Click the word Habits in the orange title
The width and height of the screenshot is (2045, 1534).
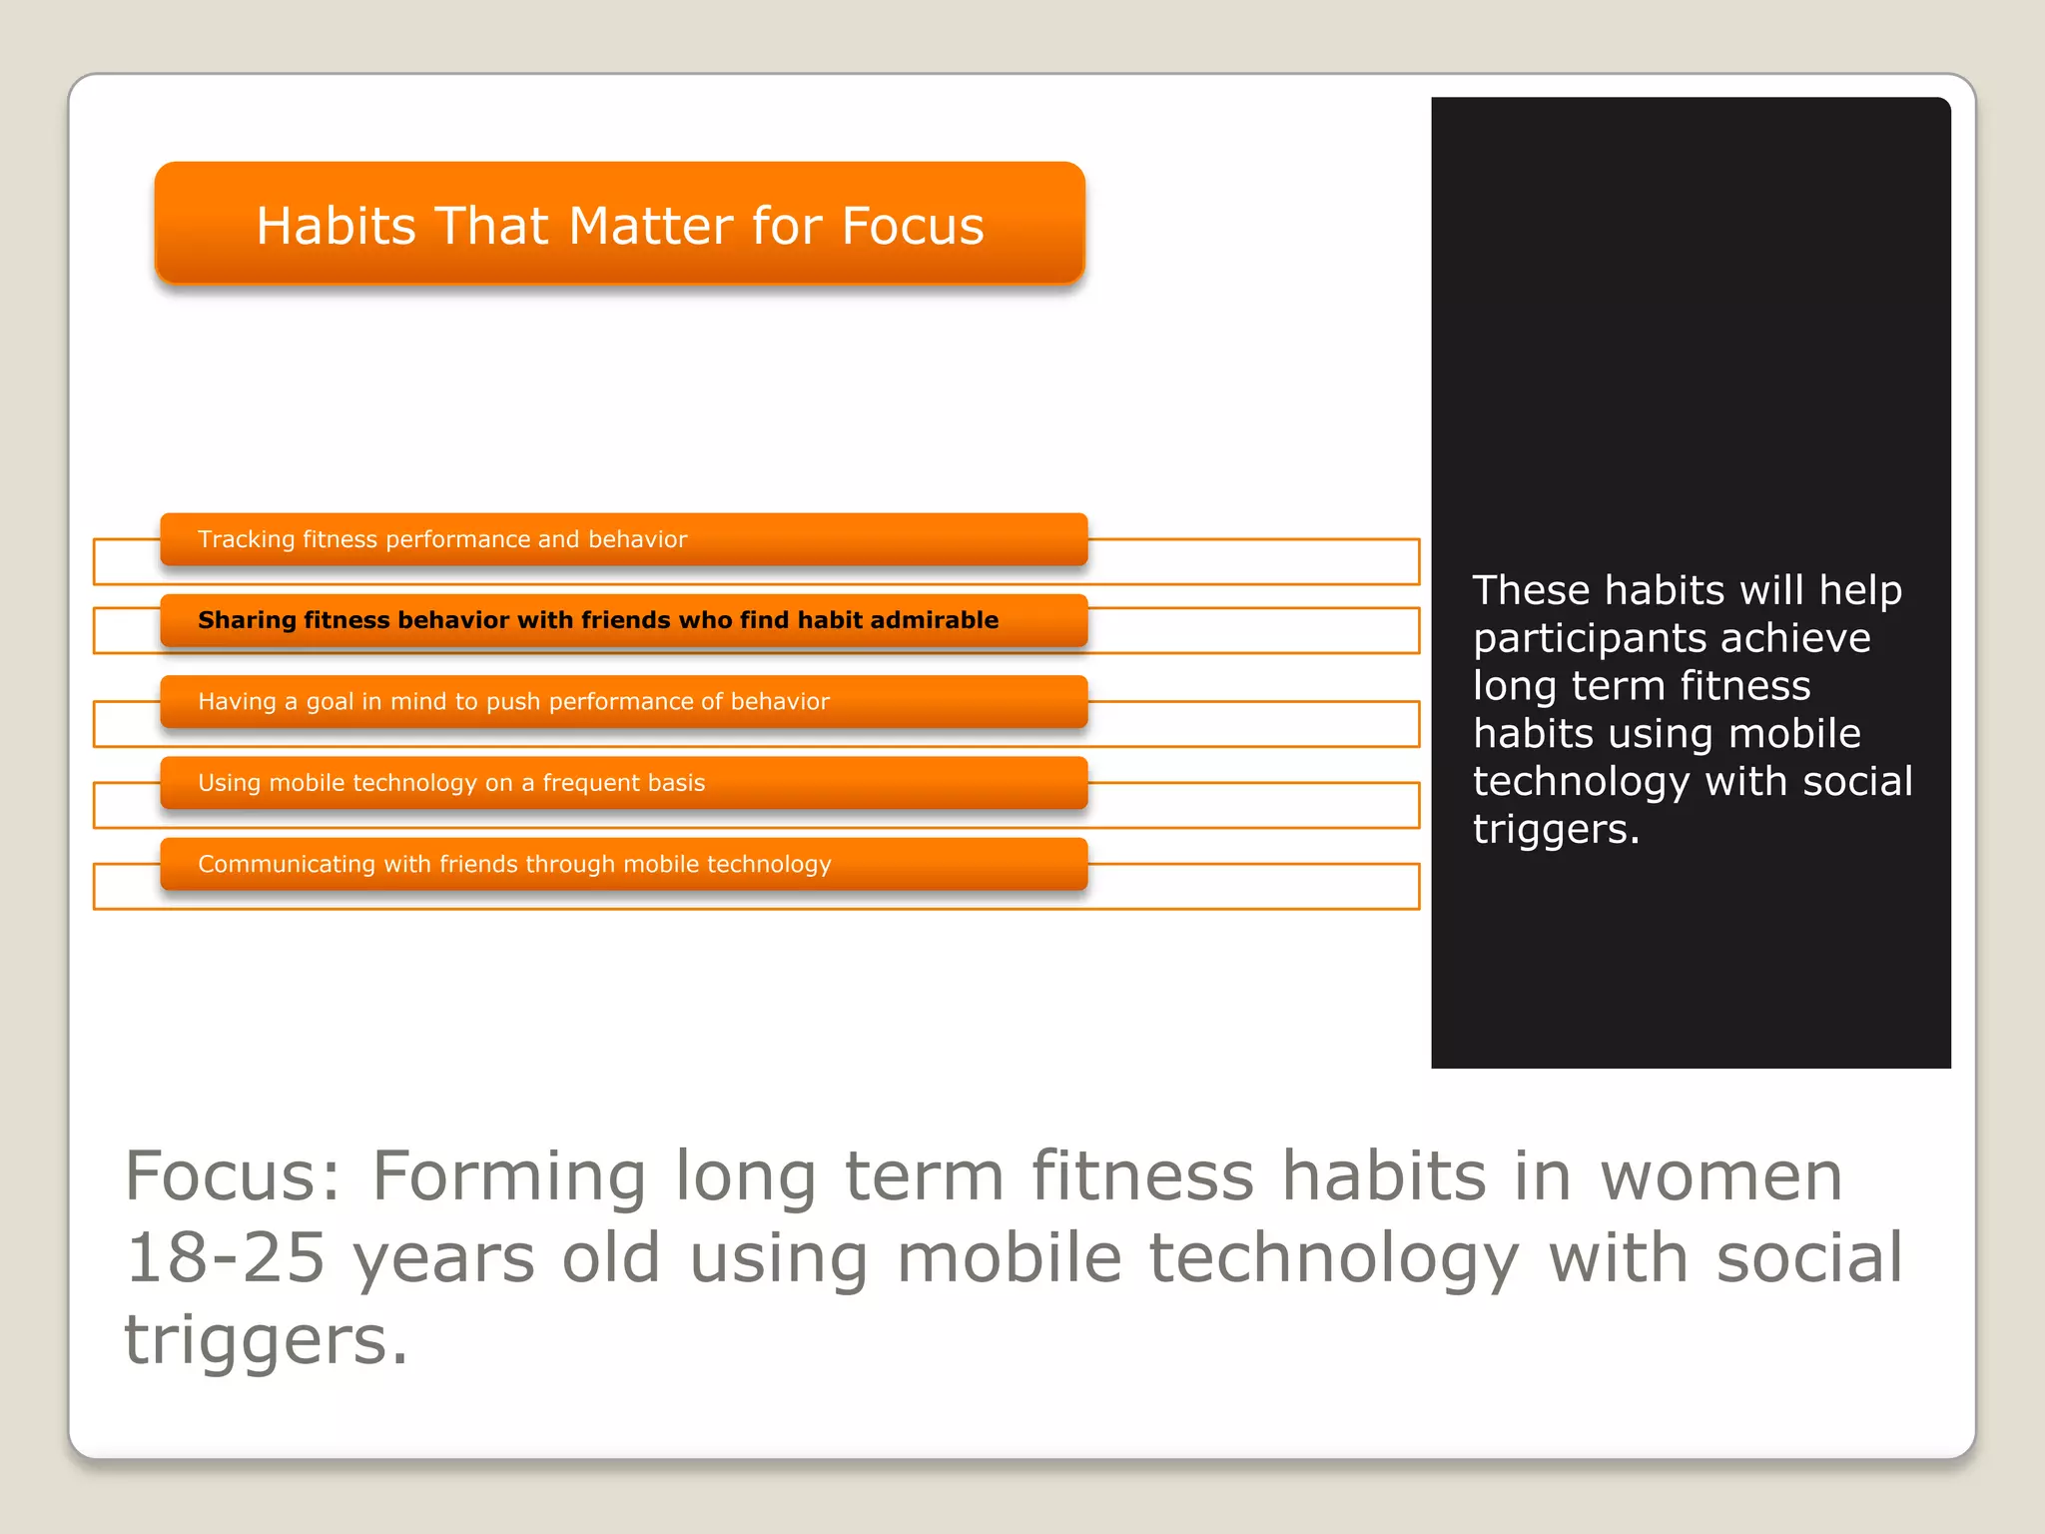pyautogui.click(x=336, y=226)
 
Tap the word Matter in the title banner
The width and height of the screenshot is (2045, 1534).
pyautogui.click(x=651, y=226)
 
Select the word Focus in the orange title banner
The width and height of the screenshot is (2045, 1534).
pyautogui.click(x=913, y=226)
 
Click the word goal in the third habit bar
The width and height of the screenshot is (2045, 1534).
pyautogui.click(x=330, y=702)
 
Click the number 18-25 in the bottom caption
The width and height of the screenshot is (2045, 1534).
pyautogui.click(x=226, y=1257)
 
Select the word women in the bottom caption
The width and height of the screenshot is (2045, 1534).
pyautogui.click(x=1721, y=1175)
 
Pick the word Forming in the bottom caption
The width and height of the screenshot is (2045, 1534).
pyautogui.click(x=509, y=1175)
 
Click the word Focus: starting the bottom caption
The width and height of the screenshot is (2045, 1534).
pyautogui.click(x=233, y=1175)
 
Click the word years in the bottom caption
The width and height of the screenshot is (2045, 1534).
pyautogui.click(x=443, y=1258)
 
